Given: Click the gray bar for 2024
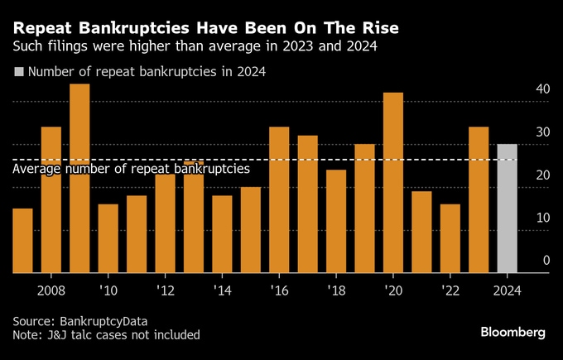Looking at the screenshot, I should point(507,209).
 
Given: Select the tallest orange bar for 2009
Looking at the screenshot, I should point(79,178).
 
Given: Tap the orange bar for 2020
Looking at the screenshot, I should point(393,182).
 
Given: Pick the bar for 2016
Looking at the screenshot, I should point(279,199).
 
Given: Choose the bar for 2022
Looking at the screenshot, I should point(450,238).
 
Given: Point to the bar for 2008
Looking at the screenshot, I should point(51,199).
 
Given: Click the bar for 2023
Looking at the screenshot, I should point(479,199).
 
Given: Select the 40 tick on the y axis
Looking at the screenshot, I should point(542,89).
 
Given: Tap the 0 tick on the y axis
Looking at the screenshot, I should point(546,261).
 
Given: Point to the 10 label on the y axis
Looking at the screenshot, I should point(542,218).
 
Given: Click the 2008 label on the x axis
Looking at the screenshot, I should point(51,290).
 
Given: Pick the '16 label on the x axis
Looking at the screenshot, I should point(279,290).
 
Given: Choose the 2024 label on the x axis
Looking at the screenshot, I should point(507,290).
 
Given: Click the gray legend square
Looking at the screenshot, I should point(18,72).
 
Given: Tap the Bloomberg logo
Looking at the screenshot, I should point(512,332).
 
